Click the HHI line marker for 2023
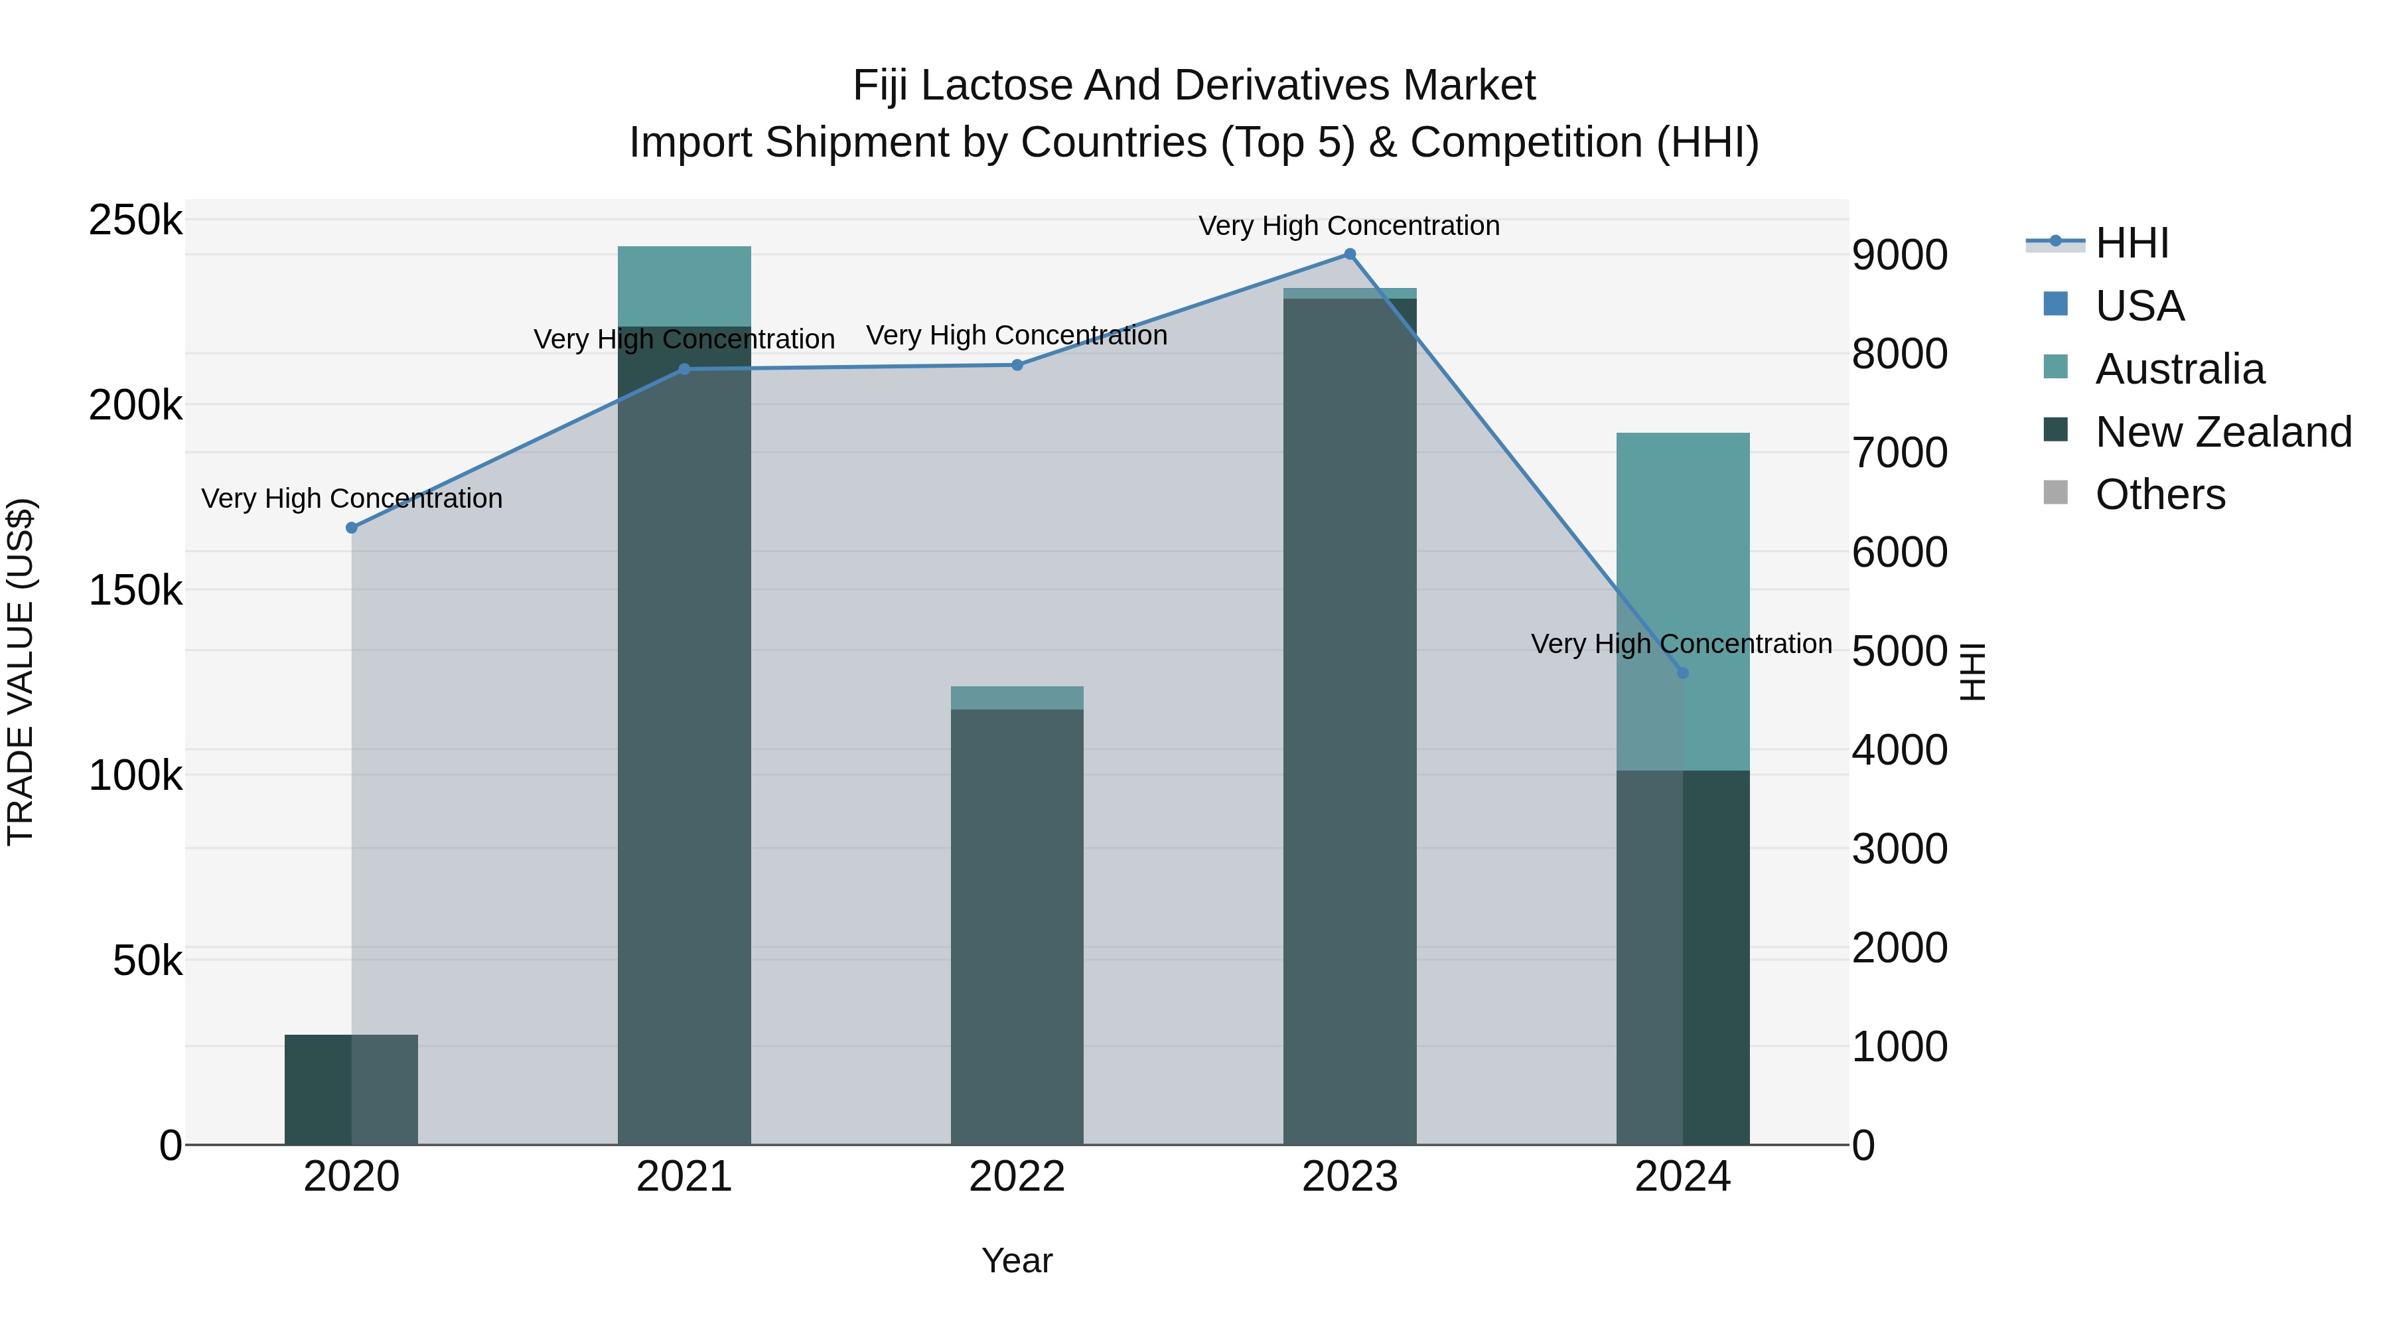(x=1349, y=254)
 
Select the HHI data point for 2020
(x=352, y=528)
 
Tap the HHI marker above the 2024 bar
(x=1682, y=672)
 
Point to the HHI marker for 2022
(x=1017, y=364)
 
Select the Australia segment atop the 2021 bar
(x=684, y=285)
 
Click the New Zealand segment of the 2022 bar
(x=1017, y=928)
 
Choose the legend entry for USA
(x=2139, y=306)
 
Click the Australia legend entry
(x=2179, y=369)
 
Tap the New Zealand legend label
(x=2223, y=432)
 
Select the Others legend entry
(x=2160, y=495)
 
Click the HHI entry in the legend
(x=2131, y=243)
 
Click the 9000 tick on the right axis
(x=1899, y=255)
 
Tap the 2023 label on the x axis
(x=1349, y=1177)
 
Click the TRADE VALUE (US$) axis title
(x=21, y=672)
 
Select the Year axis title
(x=1017, y=1260)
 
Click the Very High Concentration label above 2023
(x=1348, y=226)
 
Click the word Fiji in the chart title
(x=881, y=86)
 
